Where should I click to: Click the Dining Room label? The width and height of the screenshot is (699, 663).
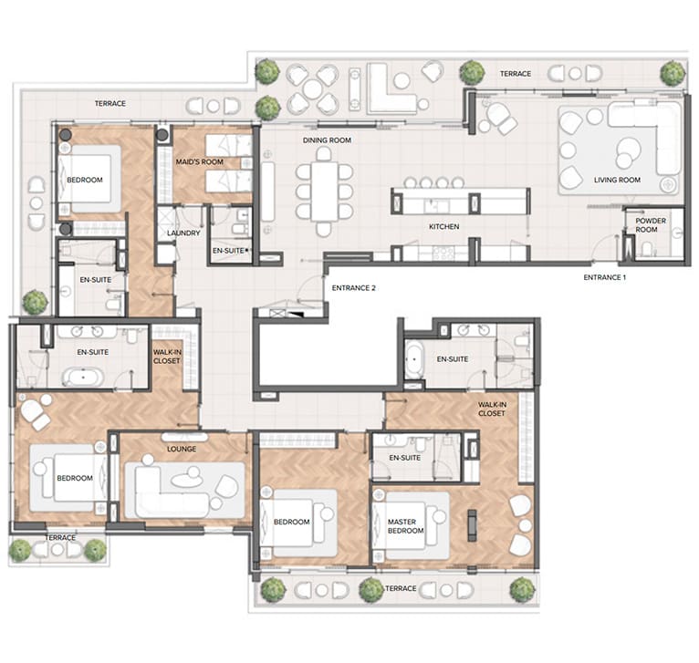(327, 140)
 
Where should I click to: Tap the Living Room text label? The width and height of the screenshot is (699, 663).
(617, 180)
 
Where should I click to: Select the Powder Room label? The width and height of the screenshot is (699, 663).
(651, 225)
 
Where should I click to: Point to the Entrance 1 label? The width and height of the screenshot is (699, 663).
(604, 277)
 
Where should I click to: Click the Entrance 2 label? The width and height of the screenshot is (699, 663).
(353, 288)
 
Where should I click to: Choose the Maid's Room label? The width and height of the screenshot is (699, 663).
(199, 161)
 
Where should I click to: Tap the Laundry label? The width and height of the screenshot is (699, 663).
(183, 233)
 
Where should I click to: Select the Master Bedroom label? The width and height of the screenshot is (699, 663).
(406, 526)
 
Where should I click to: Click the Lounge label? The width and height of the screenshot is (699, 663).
(182, 449)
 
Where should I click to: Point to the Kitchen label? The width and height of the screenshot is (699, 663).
(444, 226)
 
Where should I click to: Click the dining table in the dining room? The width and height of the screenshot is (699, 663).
(324, 192)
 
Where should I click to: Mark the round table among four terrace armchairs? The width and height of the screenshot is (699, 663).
(313, 89)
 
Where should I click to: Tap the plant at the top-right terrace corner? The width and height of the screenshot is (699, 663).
(673, 73)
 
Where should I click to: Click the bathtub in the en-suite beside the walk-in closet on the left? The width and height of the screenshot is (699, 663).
(83, 378)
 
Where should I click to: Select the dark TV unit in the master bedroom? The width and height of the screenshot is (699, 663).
(472, 526)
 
